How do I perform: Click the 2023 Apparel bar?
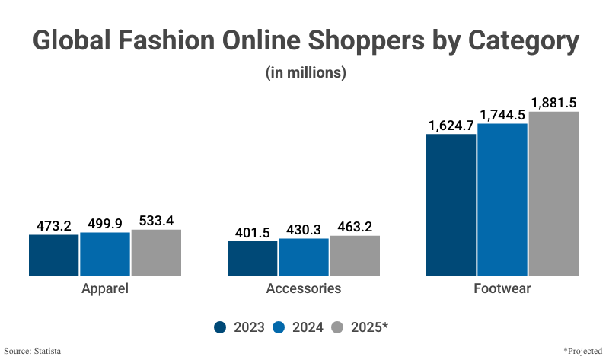coord(54,255)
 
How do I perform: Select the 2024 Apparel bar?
coord(105,254)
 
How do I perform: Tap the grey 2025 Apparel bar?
coord(156,253)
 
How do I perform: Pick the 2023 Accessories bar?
coord(253,258)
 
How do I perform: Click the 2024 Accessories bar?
coord(304,257)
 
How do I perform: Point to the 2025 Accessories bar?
coord(355,256)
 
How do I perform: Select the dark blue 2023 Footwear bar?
coord(451,205)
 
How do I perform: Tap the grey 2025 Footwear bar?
coord(553,193)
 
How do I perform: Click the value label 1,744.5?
coord(502,115)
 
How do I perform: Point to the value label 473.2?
coord(54,226)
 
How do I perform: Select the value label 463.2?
coord(355,227)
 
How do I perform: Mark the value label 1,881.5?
coord(553,103)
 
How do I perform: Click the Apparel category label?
coord(105,289)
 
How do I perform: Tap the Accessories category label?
coord(304,289)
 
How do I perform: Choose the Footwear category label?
coord(502,289)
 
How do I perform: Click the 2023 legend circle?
coord(221,327)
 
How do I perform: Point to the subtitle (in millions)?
coord(305,73)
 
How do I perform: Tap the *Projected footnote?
coord(582,350)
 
